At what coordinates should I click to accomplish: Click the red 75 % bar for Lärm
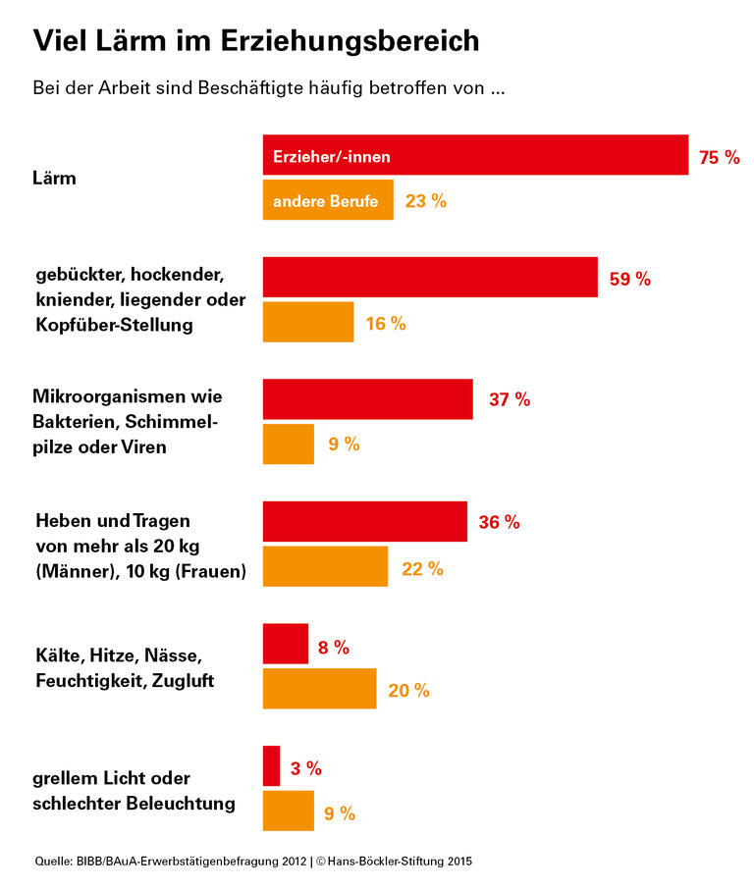click(475, 155)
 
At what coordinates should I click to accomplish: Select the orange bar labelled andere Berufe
click(328, 200)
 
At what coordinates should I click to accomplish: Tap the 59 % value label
click(630, 279)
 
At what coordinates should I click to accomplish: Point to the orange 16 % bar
click(307, 323)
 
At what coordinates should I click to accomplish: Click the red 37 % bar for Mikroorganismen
click(367, 399)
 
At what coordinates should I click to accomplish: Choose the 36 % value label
click(499, 522)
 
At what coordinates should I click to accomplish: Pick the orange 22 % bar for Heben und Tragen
click(325, 567)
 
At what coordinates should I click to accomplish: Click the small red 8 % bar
click(285, 644)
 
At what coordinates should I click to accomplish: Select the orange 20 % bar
click(319, 689)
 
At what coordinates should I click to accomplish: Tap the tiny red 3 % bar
click(271, 766)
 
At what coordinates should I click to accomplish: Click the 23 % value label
click(426, 201)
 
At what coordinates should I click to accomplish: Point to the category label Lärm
click(54, 179)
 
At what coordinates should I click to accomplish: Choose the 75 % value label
click(719, 157)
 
